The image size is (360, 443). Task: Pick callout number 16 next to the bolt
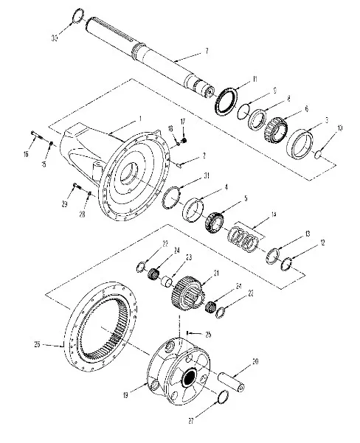point(27,154)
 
